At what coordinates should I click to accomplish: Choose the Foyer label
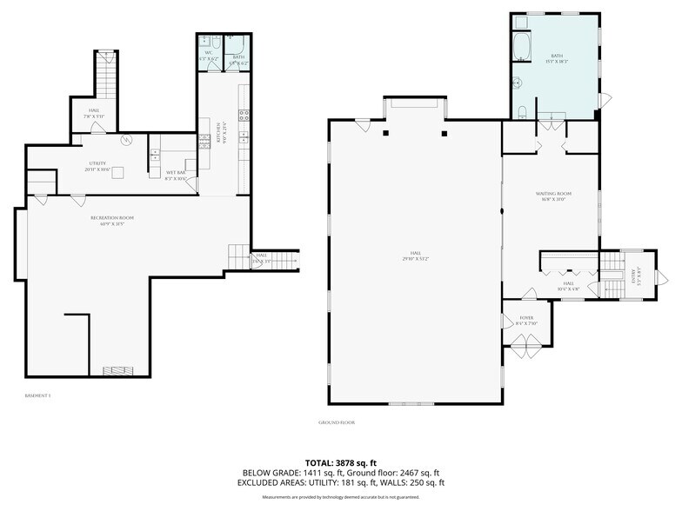click(526, 321)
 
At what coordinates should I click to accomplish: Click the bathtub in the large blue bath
click(522, 45)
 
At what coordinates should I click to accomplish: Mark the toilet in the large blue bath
click(521, 110)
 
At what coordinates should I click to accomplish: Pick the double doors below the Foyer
click(526, 351)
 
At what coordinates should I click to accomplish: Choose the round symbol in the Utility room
click(125, 139)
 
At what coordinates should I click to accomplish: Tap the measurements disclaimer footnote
click(340, 497)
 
